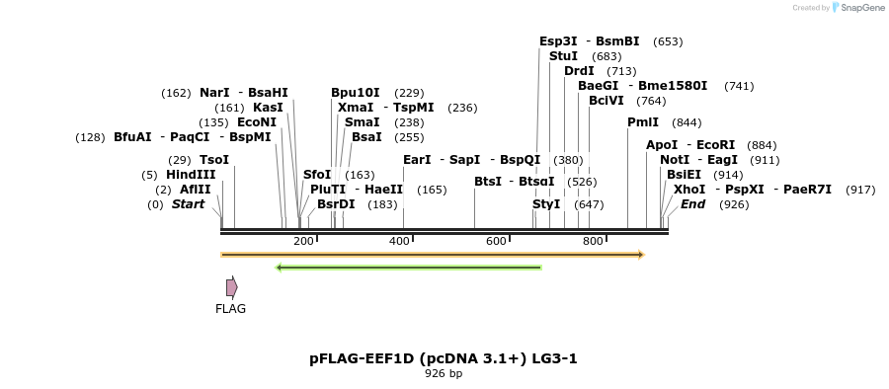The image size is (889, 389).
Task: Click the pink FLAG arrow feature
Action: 231,287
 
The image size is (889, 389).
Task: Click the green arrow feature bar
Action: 409,267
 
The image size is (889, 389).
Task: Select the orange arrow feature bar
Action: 432,255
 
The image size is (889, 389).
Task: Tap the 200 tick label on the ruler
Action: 303,241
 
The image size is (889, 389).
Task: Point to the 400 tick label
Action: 400,241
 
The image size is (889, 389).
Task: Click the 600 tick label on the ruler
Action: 497,241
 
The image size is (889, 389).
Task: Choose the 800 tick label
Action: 593,241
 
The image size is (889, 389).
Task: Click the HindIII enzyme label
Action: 191,175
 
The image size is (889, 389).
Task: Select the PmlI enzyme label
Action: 643,122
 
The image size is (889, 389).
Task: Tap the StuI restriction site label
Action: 564,56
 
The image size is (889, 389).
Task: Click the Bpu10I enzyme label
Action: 356,93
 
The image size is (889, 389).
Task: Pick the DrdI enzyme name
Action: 580,71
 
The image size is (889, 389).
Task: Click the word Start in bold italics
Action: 188,204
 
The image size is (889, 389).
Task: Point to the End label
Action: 693,204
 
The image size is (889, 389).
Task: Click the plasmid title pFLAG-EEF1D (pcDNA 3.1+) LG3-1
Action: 444,358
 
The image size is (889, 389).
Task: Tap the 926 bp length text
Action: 444,374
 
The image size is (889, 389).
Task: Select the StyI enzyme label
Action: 546,204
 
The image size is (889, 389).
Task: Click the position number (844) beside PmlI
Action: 687,122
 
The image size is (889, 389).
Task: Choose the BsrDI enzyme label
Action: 336,204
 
